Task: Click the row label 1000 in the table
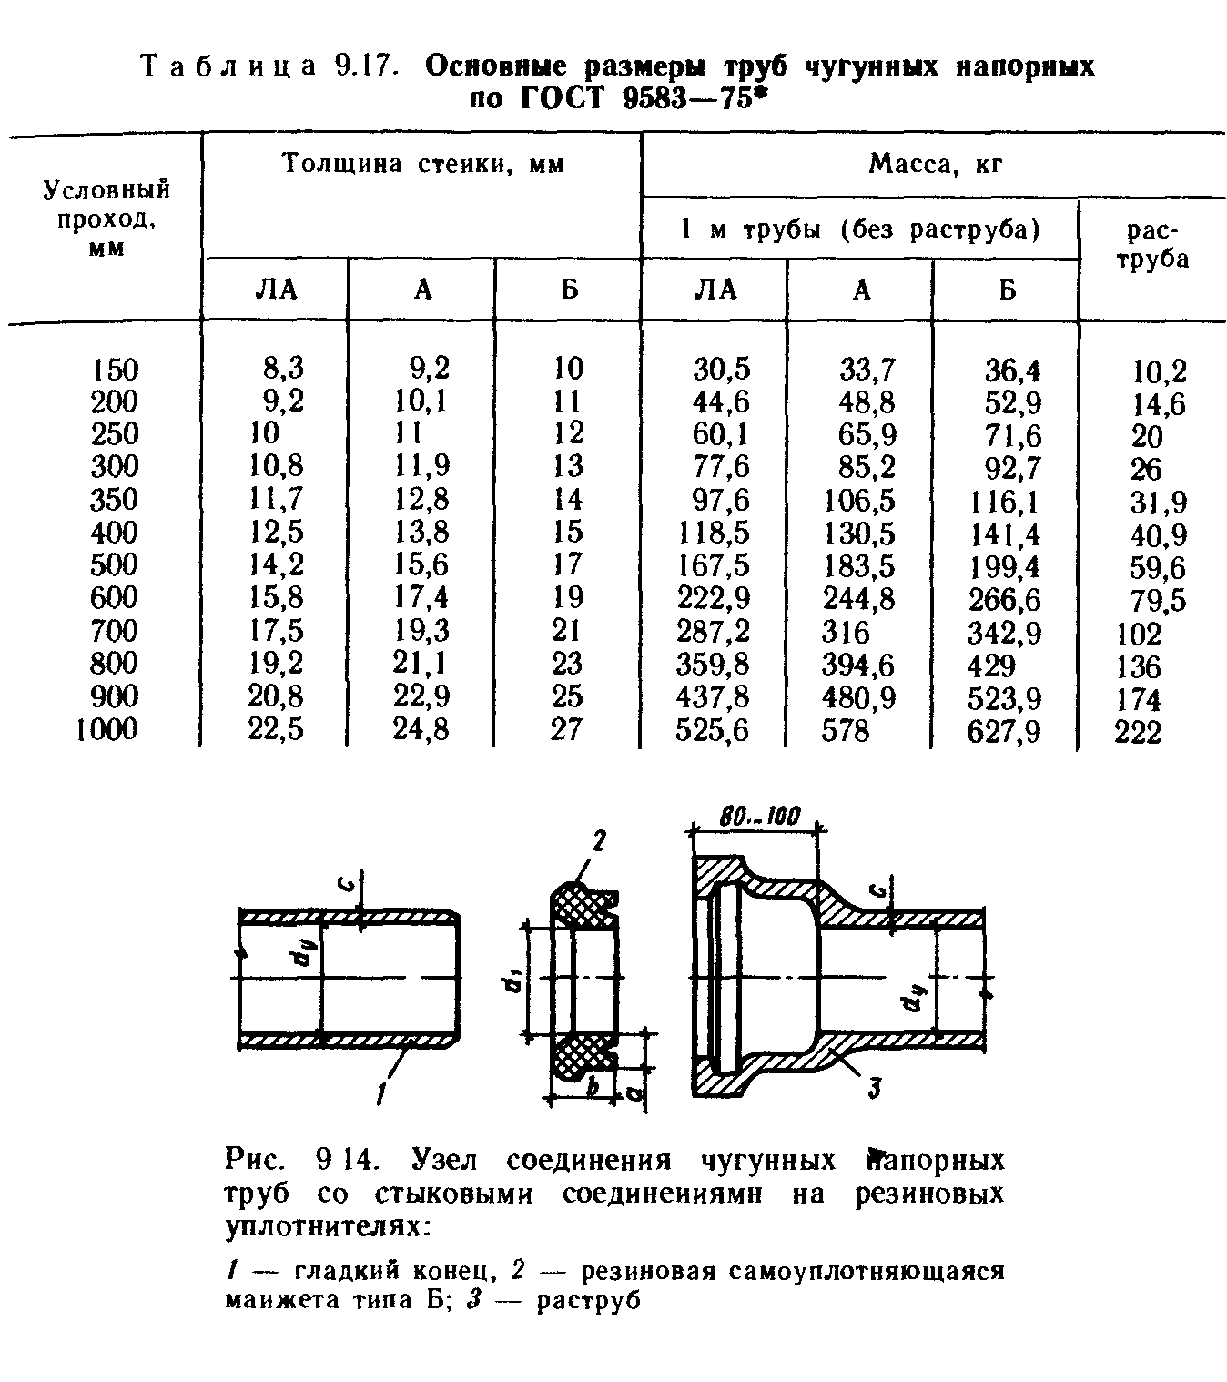[108, 730]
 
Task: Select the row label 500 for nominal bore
[115, 565]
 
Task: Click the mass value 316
[846, 632]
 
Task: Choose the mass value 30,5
[722, 369]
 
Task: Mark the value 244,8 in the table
[858, 599]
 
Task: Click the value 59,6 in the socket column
[1158, 569]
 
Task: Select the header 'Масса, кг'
[936, 165]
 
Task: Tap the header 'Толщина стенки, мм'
[422, 165]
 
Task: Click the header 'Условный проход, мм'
[107, 218]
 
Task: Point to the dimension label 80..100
[758, 817]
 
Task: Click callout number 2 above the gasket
[599, 842]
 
